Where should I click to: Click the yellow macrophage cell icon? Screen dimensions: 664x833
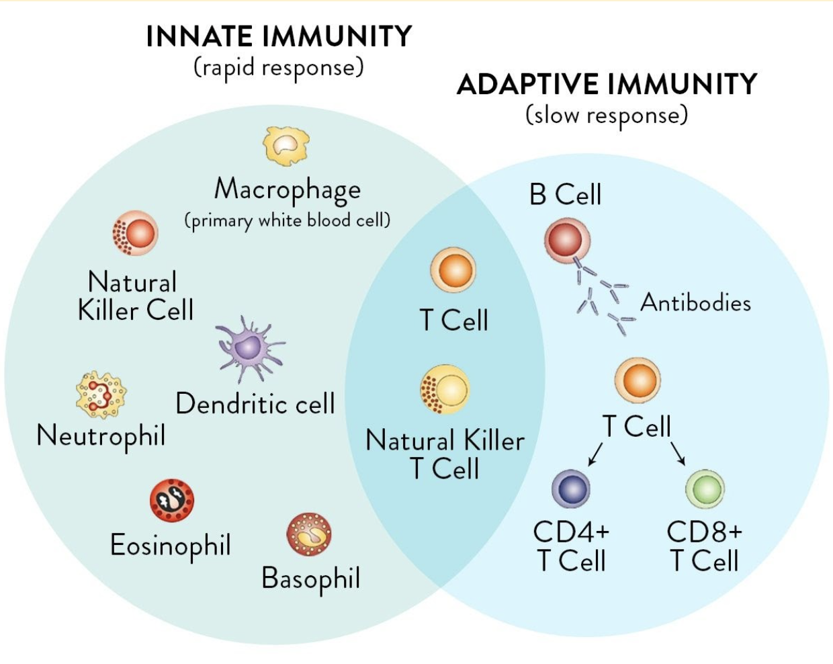coord(286,146)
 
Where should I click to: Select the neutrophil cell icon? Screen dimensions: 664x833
coord(101,395)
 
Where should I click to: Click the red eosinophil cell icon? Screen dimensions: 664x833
coord(172,501)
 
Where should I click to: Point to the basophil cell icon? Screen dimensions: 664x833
coord(309,534)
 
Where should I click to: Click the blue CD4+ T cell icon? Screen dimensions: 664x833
coord(570,489)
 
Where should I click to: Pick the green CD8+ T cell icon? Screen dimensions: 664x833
coord(705,489)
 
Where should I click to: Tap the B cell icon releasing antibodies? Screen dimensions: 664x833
coord(567,240)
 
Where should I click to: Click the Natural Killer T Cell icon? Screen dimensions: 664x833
coord(445,389)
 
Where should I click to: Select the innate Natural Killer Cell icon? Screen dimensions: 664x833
coord(135,233)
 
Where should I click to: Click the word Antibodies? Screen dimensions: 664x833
coord(695,302)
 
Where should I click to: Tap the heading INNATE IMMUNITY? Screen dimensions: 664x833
coord(279,36)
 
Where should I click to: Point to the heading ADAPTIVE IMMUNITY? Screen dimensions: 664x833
coord(607,85)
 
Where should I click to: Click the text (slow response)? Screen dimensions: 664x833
coord(607,116)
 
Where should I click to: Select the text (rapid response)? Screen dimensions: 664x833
coord(279,68)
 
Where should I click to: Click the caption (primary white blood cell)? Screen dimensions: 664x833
coord(288,220)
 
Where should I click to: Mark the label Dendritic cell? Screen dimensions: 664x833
coord(255,404)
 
